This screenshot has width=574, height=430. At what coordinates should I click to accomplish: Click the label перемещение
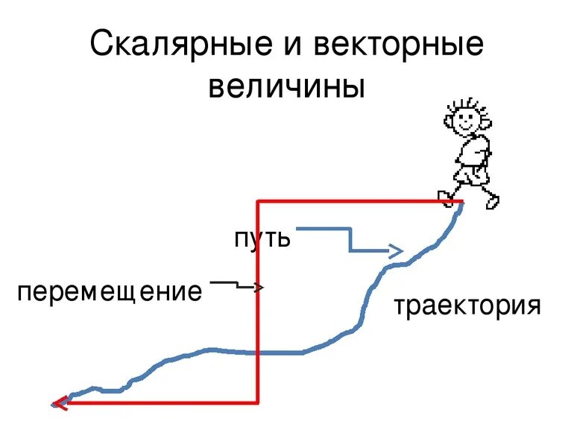[110, 291]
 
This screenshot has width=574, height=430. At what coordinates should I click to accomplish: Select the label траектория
[467, 306]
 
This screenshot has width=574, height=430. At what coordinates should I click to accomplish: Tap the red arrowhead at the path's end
[58, 403]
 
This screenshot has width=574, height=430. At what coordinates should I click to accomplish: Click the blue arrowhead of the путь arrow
[397, 250]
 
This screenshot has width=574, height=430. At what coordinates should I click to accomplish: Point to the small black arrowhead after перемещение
[259, 287]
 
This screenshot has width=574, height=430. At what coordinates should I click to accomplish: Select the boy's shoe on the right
[492, 201]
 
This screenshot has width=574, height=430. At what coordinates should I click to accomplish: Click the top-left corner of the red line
[258, 201]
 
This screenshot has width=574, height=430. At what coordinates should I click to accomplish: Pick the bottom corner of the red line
[258, 402]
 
